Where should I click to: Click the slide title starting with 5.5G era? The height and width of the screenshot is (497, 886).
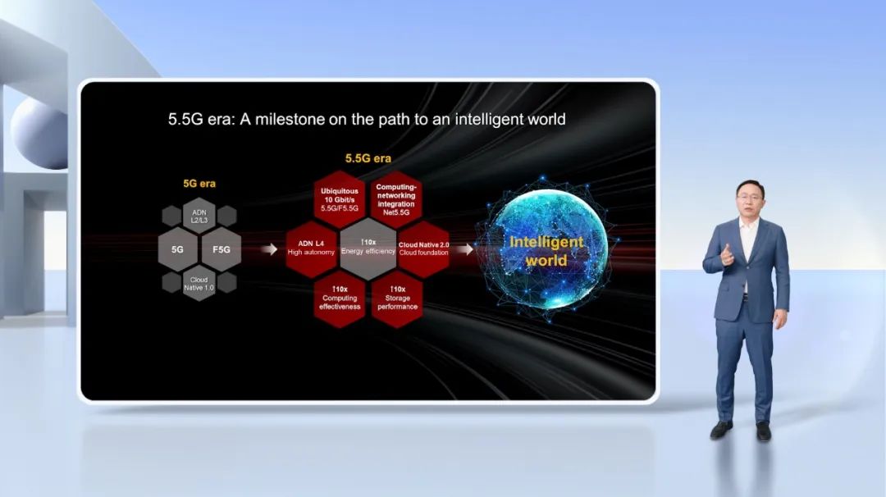coord(367,119)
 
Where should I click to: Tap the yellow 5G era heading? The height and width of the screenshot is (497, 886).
coord(199,184)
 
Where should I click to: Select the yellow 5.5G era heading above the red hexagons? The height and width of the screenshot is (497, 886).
coord(368,159)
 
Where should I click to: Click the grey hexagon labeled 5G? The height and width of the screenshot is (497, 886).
coord(178,249)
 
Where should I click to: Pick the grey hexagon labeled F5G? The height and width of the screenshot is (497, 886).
coord(221,249)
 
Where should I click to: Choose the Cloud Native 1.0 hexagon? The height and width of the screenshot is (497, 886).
coord(199,284)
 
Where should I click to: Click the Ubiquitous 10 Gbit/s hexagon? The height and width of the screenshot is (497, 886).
coord(340,200)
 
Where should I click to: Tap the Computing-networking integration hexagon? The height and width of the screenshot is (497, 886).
coord(396,200)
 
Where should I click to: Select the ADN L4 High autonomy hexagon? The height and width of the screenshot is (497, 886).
coord(312,248)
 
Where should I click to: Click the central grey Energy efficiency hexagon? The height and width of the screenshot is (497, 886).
coord(368,248)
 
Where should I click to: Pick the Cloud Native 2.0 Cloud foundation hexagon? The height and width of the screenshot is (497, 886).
coord(424,248)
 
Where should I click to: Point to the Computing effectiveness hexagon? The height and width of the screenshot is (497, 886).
coord(340,299)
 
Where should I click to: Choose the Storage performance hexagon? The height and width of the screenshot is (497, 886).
coord(397,299)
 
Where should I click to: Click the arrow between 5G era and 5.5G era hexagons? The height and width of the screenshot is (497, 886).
coord(269,249)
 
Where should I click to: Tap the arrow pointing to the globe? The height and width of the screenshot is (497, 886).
coord(465,249)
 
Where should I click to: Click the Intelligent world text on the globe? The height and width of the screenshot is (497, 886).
coord(546,251)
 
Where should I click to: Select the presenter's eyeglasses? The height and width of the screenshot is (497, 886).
coord(749,197)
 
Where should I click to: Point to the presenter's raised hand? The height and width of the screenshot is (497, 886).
coord(727,255)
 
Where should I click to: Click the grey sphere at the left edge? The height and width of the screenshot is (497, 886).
coord(39,133)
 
